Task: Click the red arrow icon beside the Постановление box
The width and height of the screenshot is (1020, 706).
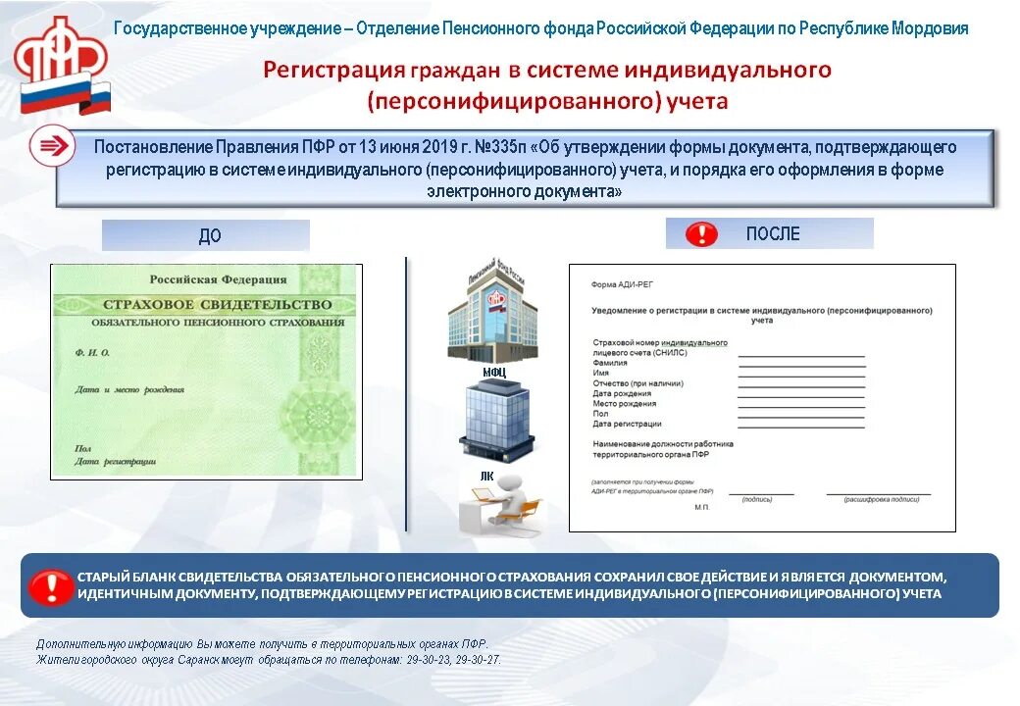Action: [x=51, y=146]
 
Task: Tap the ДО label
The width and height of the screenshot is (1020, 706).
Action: [x=210, y=235]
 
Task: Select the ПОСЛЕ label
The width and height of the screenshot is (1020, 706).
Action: [x=773, y=233]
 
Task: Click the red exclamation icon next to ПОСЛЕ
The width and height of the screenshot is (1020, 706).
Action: [x=701, y=234]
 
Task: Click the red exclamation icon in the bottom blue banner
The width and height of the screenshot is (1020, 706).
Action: [x=50, y=586]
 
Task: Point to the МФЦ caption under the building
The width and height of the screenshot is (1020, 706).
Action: [x=493, y=373]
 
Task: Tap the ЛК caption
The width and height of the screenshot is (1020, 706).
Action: [x=487, y=476]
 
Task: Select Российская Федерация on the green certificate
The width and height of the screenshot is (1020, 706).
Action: [x=217, y=279]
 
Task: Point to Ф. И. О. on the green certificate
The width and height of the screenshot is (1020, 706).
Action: [x=92, y=351]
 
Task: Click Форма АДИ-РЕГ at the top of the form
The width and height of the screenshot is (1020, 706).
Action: [x=622, y=284]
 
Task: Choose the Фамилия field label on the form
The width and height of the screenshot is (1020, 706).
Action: [x=610, y=363]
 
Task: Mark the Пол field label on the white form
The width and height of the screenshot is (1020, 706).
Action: [x=599, y=414]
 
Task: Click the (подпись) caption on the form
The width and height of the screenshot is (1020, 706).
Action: [x=757, y=499]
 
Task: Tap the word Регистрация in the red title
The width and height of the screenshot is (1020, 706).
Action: [x=333, y=70]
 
